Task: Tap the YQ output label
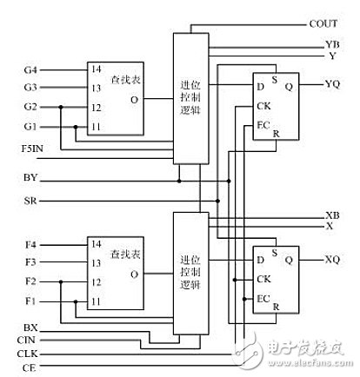332,85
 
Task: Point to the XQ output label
332,259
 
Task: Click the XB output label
332,215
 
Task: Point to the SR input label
30,201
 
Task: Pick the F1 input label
29,301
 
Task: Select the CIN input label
30,340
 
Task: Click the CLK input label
30,354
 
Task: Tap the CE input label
30,368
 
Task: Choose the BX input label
30,326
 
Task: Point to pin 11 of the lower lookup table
96,301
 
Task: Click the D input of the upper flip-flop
259,85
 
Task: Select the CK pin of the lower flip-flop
262,279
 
